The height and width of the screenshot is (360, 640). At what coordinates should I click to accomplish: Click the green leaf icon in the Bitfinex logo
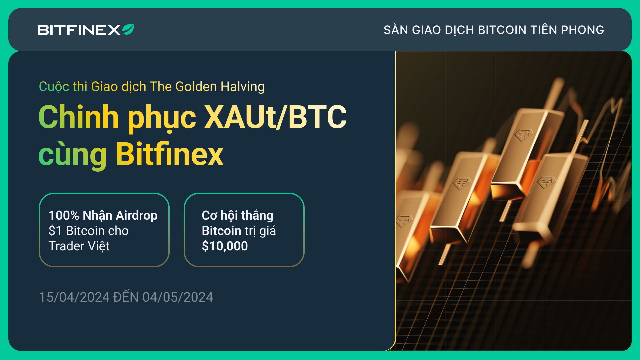[128, 29]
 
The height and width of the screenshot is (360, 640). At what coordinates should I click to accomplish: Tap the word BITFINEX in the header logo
[79, 30]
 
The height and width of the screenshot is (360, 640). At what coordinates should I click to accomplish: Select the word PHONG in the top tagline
[582, 30]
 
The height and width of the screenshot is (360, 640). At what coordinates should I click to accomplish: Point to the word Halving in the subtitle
[243, 87]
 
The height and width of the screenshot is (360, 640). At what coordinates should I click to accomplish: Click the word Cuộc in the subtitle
[54, 87]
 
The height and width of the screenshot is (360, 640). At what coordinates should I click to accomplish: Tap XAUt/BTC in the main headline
[275, 117]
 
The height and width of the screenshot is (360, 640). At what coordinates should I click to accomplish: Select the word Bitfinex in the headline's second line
[169, 154]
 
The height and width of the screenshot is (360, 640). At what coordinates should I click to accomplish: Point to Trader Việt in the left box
[79, 246]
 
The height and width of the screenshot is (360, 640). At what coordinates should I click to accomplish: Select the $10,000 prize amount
[225, 246]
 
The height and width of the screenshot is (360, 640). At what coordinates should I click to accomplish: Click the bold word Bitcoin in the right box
[221, 231]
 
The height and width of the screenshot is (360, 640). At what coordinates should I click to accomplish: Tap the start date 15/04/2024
[74, 297]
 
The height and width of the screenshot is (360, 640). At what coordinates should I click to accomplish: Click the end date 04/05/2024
[178, 297]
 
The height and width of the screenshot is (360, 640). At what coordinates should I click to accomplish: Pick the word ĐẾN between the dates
[126, 296]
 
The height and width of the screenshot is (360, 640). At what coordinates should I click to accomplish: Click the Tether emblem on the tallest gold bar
[523, 135]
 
